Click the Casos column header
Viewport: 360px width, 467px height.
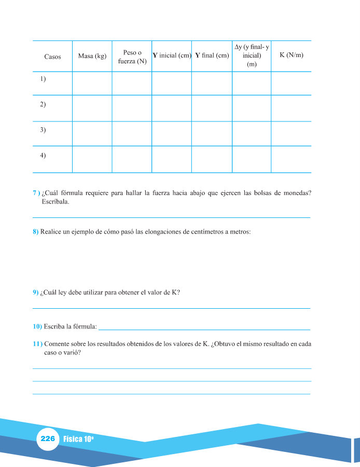tap(52, 57)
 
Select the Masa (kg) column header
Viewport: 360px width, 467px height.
tap(92, 57)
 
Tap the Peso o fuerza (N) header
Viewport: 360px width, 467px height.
tap(132, 57)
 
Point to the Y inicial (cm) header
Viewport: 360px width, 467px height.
tap(172, 56)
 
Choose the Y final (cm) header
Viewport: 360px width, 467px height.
tap(212, 56)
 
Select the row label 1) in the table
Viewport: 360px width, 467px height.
tap(43, 79)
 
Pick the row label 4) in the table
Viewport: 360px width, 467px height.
tap(43, 156)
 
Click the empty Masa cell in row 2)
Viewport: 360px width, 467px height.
tap(92, 108)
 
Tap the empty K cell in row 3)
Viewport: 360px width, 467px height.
tap(291, 133)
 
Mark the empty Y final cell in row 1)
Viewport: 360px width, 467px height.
tap(212, 83)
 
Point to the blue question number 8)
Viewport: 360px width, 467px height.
tap(36, 232)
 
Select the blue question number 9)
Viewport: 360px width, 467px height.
tap(36, 293)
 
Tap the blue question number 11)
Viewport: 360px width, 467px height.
tap(37, 344)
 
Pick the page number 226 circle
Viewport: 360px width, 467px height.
tap(47, 438)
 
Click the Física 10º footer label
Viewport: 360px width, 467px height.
tap(78, 439)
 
